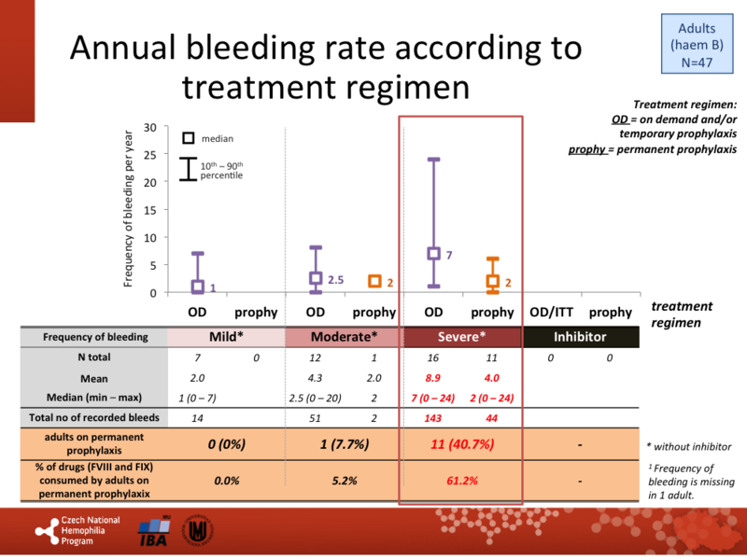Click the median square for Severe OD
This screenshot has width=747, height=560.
pyautogui.click(x=433, y=253)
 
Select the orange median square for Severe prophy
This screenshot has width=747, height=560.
pyautogui.click(x=492, y=281)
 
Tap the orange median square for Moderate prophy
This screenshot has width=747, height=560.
pyautogui.click(x=374, y=281)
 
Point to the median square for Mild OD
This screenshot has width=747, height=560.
pyautogui.click(x=197, y=287)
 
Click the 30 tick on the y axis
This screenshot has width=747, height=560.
pyautogui.click(x=149, y=128)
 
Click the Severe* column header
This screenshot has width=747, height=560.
pyautogui.click(x=461, y=337)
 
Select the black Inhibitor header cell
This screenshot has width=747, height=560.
pyautogui.click(x=581, y=337)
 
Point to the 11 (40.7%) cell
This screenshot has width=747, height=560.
pyautogui.click(x=461, y=445)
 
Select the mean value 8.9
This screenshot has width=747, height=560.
pyautogui.click(x=433, y=378)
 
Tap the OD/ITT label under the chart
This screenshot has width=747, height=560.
pyautogui.click(x=552, y=311)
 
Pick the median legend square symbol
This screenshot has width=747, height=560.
pyautogui.click(x=189, y=138)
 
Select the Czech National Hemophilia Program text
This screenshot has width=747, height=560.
pyautogui.click(x=89, y=532)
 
